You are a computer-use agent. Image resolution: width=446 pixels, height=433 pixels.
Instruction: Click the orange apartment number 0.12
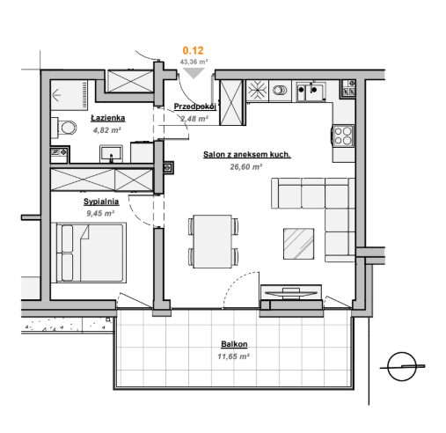pos(193,50)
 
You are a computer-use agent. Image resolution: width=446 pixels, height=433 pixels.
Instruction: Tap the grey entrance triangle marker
pos(194,73)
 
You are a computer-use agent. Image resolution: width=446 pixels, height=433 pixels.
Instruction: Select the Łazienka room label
pos(108,118)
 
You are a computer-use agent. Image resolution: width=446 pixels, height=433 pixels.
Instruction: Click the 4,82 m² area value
pos(107,130)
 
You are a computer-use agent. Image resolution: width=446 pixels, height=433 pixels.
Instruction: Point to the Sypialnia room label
pos(101,202)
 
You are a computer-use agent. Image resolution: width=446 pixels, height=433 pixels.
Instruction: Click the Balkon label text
pos(234,344)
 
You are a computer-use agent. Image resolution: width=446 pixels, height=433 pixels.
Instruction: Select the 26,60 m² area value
pos(245,167)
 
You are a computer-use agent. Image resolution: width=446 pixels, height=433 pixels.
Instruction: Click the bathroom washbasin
pos(111,153)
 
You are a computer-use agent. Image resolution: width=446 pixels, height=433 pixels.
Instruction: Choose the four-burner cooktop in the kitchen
pos(343,136)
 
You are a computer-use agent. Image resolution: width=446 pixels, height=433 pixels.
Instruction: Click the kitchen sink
pos(311,92)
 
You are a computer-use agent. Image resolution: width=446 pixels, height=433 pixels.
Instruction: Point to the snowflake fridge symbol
pos(257,90)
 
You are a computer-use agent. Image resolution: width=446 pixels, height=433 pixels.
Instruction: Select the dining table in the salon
pos(212,241)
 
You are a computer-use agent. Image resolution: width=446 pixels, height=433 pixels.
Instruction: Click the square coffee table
pos(298,244)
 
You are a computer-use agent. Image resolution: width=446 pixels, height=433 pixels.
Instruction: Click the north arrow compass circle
pos(402,366)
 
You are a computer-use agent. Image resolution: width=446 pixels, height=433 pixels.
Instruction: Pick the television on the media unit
pos(291,293)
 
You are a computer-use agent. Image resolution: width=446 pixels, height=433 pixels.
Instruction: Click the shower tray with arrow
pos(69,95)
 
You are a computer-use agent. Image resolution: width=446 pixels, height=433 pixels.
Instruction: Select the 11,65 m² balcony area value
pos(233,356)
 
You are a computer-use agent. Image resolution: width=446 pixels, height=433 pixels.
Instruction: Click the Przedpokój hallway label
pos(195,106)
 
